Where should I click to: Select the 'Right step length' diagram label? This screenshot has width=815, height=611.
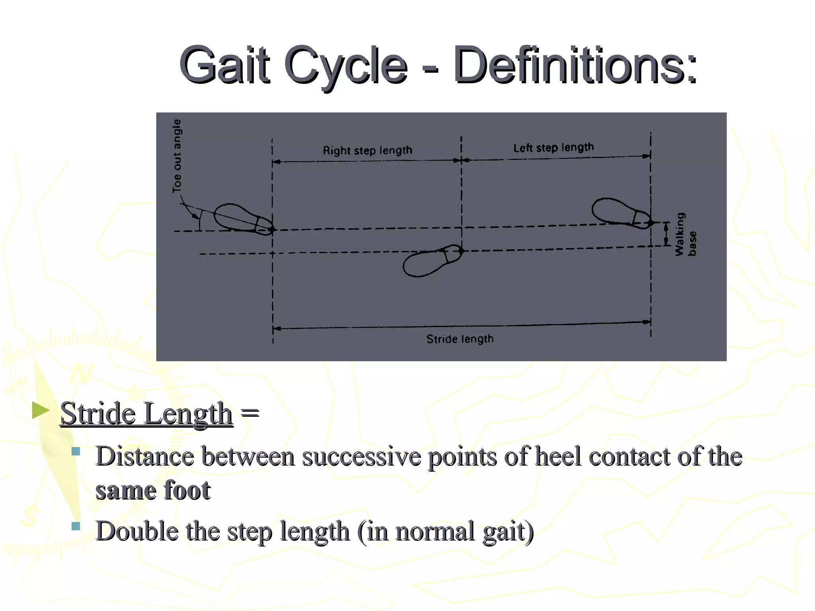[367, 150]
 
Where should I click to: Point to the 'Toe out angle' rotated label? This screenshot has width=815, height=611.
[177, 156]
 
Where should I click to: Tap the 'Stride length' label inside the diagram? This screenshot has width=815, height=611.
[460, 339]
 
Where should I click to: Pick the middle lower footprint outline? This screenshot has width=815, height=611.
[432, 261]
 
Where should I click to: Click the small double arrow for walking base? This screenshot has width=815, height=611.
[666, 234]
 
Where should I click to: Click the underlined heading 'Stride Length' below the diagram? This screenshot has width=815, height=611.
[146, 414]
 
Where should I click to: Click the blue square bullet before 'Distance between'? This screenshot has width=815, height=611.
[76, 451]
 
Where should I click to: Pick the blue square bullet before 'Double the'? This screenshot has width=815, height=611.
[76, 526]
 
